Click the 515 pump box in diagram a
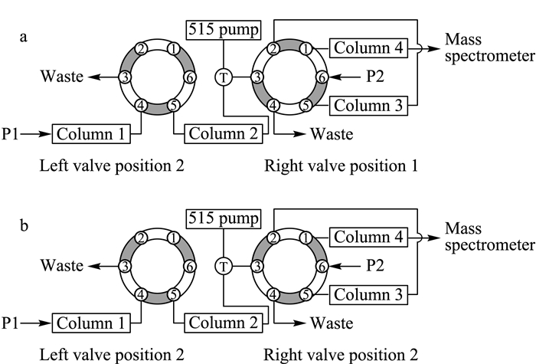click(224, 30)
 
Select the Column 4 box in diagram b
click(368, 237)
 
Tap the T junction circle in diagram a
click(224, 77)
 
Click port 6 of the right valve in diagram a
click(322, 77)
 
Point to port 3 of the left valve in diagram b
click(126, 266)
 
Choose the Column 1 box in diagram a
click(91, 134)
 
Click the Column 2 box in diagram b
click(224, 323)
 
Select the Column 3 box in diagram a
click(368, 106)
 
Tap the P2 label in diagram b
click(375, 265)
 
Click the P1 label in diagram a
click(10, 134)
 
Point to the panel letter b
click(24, 225)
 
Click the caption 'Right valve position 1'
click(341, 166)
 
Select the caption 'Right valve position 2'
click(341, 355)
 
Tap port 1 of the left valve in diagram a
click(174, 49)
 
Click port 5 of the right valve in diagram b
click(306, 294)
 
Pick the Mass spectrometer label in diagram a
click(489, 48)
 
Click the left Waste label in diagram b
click(62, 265)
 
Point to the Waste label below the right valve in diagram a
click(332, 134)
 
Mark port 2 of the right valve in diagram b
click(273, 238)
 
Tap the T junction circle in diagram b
click(224, 266)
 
